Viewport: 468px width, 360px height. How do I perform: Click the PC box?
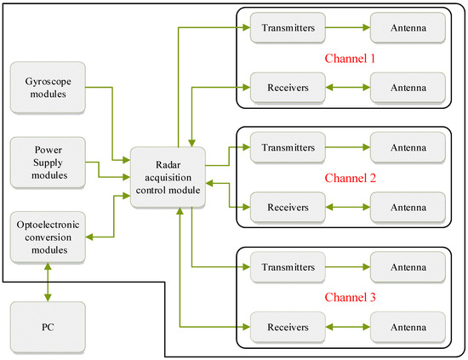48,326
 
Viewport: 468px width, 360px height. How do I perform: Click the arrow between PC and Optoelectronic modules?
48,280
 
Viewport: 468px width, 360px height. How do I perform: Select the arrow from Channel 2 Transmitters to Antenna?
345,146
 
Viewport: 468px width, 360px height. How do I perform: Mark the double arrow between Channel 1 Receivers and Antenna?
345,86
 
